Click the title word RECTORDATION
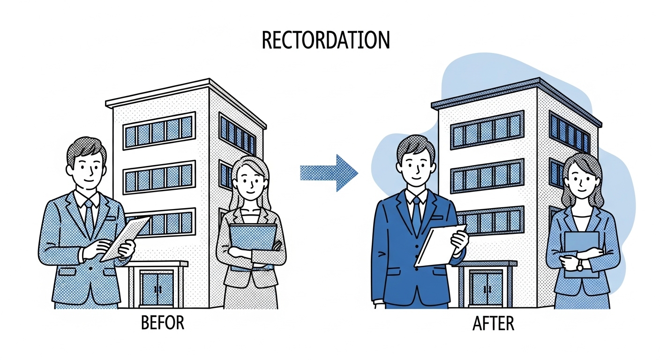click(x=325, y=40)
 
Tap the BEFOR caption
click(x=162, y=323)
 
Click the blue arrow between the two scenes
click(x=330, y=173)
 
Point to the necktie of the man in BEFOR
click(x=89, y=218)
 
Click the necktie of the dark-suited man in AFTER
click(x=416, y=215)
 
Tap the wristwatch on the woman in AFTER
click(x=580, y=266)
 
